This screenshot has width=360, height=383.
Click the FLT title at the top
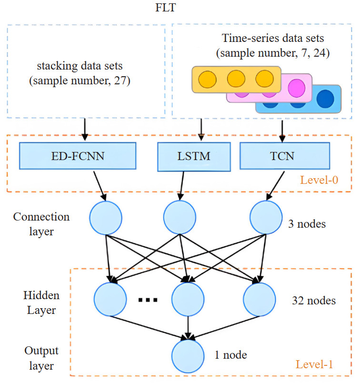pos(180,8)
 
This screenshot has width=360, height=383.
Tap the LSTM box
pos(191,157)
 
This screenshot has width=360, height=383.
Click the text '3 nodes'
pos(308,223)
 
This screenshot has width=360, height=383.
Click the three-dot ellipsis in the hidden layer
pos(148,300)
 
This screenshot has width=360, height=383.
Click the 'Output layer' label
pos(41,359)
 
